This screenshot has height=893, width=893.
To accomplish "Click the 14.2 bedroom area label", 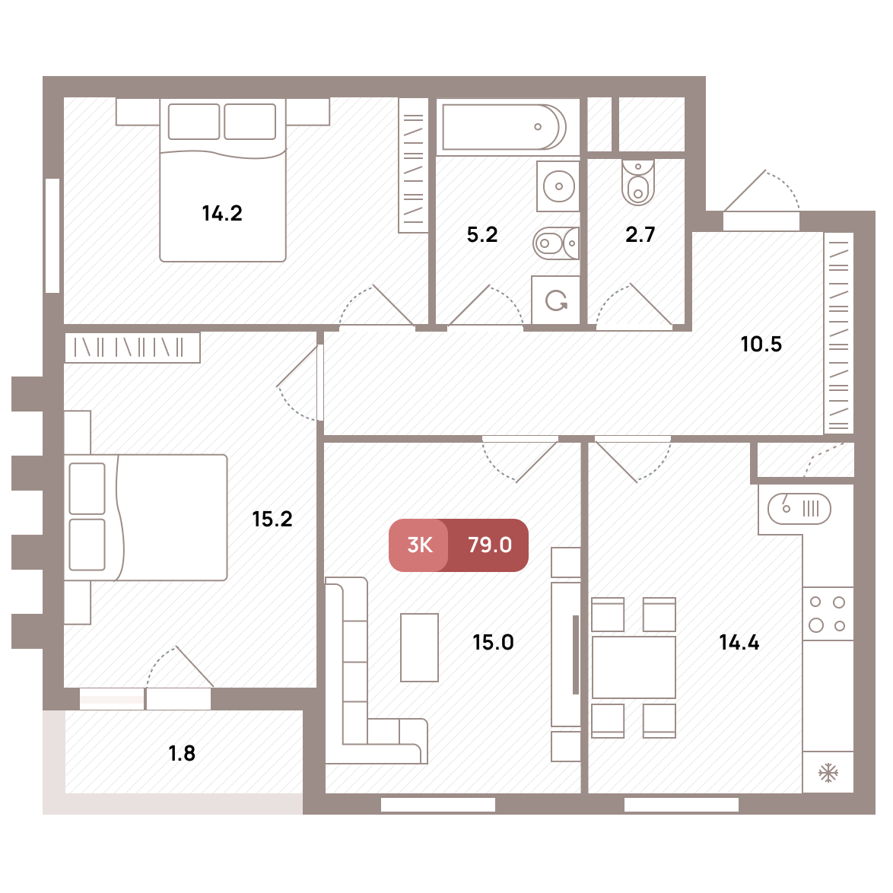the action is click(x=222, y=214).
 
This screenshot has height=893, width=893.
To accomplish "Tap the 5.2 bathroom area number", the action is click(x=481, y=234).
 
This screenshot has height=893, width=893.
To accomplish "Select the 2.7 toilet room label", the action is click(x=640, y=234).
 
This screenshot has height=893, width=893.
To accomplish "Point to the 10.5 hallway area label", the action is click(x=761, y=344).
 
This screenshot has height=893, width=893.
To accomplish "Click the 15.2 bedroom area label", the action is click(x=272, y=519).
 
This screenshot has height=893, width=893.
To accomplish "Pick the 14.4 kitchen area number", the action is click(x=739, y=643).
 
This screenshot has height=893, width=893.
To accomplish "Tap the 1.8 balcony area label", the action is click(x=183, y=754).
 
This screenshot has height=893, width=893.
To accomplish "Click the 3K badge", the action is click(x=420, y=545).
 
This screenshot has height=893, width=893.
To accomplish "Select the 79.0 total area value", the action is click(x=490, y=545).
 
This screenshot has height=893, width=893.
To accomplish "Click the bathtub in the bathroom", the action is click(x=504, y=126).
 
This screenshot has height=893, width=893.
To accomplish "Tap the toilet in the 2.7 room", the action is click(x=638, y=182).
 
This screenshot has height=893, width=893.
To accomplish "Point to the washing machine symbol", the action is click(x=556, y=300).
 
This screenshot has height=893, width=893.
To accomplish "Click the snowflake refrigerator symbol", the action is click(x=828, y=773).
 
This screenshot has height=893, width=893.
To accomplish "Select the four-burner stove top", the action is click(x=828, y=613).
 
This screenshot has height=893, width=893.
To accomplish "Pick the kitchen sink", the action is click(x=799, y=509).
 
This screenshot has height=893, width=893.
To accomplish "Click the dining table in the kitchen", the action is click(x=634, y=668).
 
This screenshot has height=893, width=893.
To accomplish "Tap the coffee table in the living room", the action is click(x=420, y=647).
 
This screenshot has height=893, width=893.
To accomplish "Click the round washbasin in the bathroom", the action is click(x=558, y=186).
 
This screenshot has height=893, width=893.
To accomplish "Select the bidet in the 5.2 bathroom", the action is click(x=556, y=243).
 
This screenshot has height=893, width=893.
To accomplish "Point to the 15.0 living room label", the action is click(x=493, y=643).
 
